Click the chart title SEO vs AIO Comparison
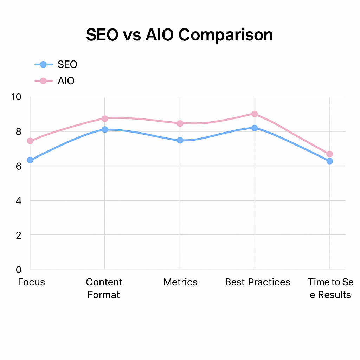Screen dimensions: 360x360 click(x=180, y=35)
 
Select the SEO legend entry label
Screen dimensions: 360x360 click(x=67, y=64)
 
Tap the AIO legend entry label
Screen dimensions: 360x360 click(x=66, y=81)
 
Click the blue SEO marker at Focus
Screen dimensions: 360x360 click(x=30, y=160)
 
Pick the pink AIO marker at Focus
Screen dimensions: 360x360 click(x=30, y=141)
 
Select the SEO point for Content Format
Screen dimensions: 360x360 click(x=105, y=129)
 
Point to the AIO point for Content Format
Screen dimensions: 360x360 click(x=105, y=118)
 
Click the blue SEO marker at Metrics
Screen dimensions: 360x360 click(x=180, y=140)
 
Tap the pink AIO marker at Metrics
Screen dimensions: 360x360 click(x=180, y=123)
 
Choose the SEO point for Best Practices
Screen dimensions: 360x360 click(x=255, y=128)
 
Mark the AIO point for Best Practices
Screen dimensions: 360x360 click(x=255, y=114)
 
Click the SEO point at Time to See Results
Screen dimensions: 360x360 click(x=330, y=161)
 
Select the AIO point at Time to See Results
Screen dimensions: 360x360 click(x=330, y=154)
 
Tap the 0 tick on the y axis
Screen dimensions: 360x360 click(x=18, y=270)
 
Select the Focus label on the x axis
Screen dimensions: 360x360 click(x=32, y=282)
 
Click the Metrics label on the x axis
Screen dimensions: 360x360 click(x=180, y=282)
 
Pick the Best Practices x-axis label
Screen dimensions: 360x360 click(x=258, y=282)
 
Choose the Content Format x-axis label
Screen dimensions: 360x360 click(x=104, y=288)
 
